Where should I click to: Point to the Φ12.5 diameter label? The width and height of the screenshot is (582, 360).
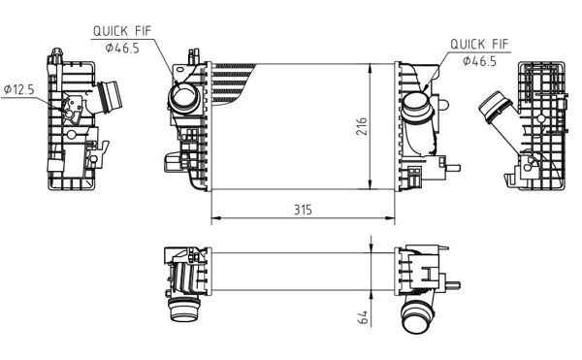coord(19,89)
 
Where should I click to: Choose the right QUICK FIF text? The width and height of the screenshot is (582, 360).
coord(479,44)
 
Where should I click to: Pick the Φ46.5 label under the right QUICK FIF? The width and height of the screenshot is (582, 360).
coord(480,60)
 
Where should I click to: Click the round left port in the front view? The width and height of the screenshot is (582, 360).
coord(181,98)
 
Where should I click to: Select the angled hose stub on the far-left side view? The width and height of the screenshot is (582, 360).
coord(108,98)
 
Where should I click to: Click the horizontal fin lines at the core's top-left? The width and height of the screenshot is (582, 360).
coord(233,78)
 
